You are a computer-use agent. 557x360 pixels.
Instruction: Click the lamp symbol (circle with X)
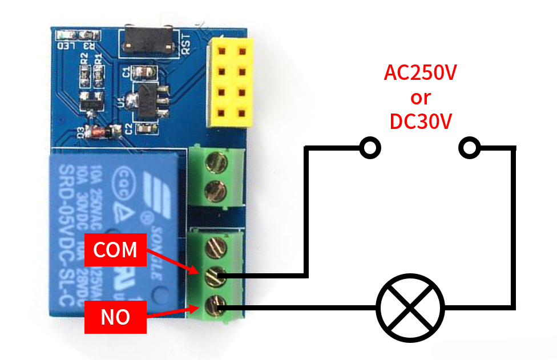(x=410, y=309)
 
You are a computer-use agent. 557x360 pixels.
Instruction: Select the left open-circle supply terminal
(x=370, y=148)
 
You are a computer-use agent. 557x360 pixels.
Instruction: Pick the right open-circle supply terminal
(x=469, y=148)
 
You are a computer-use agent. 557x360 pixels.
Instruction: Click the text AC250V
(x=420, y=74)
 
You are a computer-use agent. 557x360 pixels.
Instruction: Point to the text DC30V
(x=420, y=122)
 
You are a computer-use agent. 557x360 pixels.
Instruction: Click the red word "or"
(x=420, y=98)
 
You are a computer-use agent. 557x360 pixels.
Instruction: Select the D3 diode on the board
(x=99, y=131)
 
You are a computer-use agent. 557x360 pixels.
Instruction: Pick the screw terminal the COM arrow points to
(x=217, y=276)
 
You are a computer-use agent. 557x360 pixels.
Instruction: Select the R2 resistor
(x=85, y=73)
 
